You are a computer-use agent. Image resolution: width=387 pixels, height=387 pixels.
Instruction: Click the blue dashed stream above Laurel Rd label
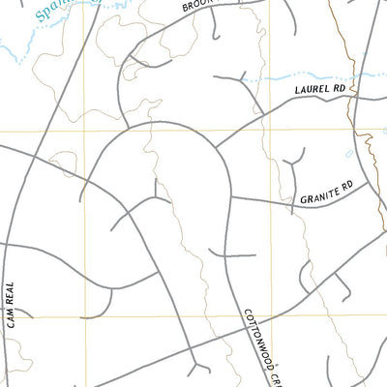point(310,74)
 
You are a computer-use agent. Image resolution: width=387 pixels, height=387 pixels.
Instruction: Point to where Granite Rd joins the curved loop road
point(232,197)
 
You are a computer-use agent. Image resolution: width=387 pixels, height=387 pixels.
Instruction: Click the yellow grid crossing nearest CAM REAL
point(84,315)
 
